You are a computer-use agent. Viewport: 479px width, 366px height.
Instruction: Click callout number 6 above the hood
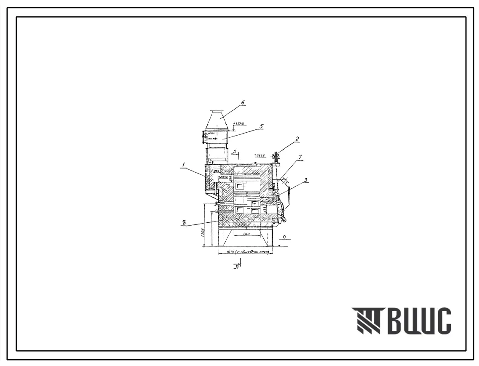pos(243,102)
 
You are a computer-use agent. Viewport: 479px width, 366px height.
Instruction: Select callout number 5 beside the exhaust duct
pos(261,126)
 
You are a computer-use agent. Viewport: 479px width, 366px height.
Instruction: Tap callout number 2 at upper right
pos(297,138)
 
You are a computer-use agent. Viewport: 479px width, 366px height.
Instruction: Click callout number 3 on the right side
pos(307,180)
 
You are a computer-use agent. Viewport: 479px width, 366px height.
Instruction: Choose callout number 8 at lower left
pos(184,223)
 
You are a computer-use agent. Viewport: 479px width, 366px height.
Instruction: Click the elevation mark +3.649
pos(239,124)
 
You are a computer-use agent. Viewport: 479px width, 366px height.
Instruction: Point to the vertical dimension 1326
pos(203,233)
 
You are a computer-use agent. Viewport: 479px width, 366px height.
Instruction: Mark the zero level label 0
pos(284,238)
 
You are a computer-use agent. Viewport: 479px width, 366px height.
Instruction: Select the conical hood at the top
pos(217,121)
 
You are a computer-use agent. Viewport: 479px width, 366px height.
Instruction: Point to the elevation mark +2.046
pos(223,178)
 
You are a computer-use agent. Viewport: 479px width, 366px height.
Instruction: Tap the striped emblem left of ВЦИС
pos(365,321)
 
